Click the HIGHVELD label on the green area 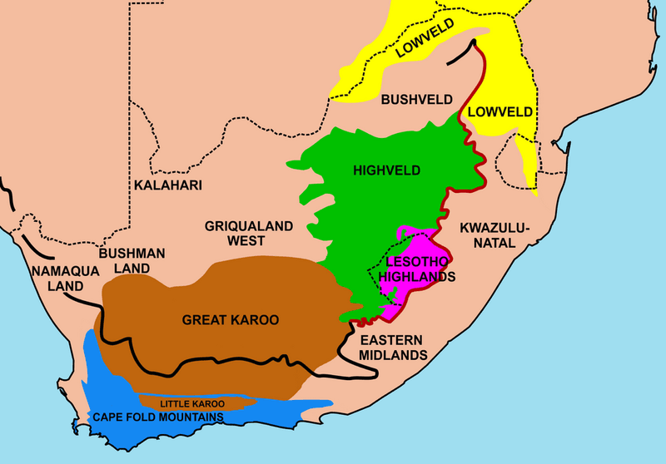(x=386, y=171)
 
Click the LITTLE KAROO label (x=192, y=403)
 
